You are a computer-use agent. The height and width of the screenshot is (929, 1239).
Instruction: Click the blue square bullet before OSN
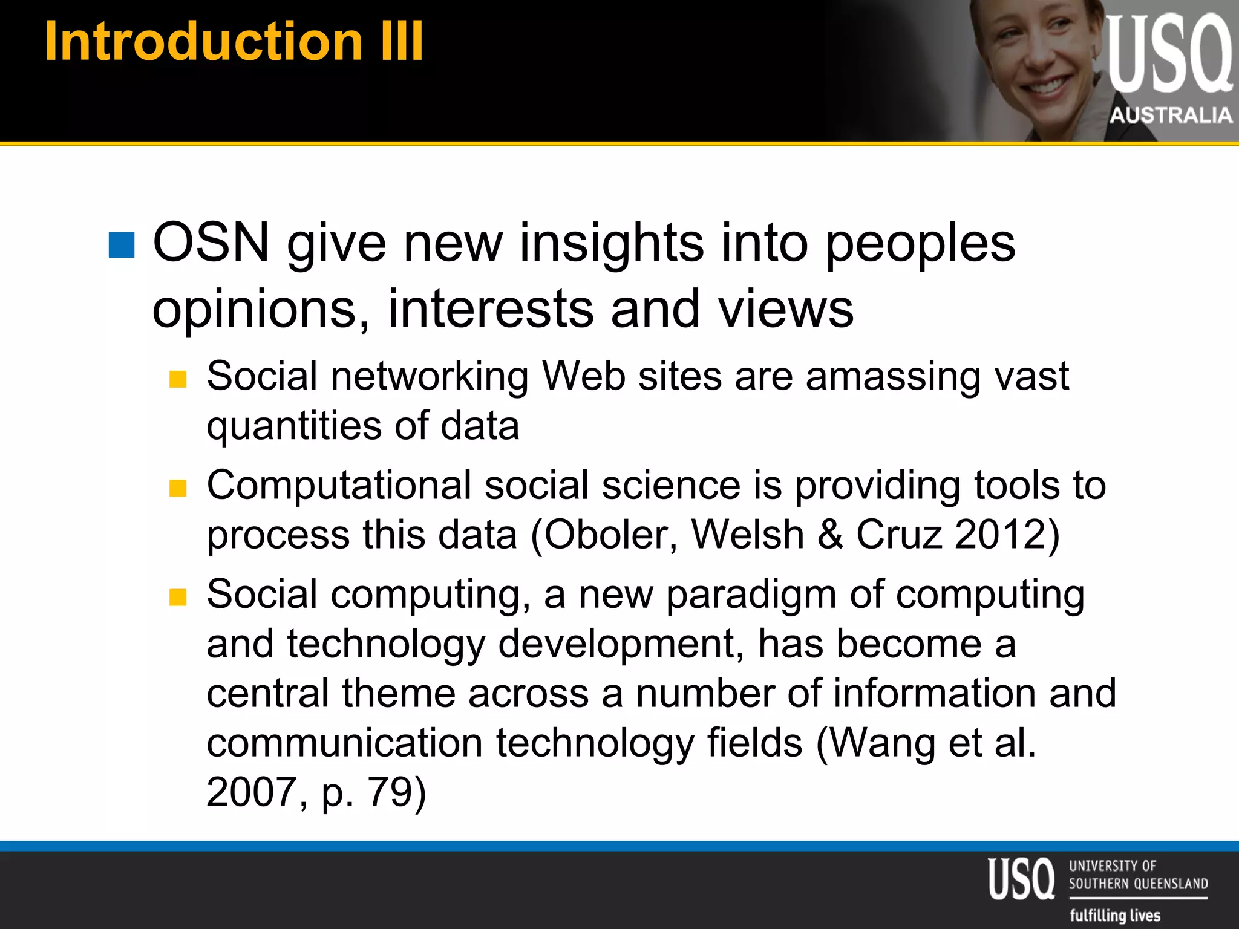pyautogui.click(x=122, y=245)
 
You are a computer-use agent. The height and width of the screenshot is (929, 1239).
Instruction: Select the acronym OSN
pyautogui.click(x=211, y=243)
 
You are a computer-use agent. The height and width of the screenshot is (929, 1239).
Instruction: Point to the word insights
pyautogui.click(x=611, y=243)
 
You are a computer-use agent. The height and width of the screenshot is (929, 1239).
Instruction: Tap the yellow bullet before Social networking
pyautogui.click(x=178, y=379)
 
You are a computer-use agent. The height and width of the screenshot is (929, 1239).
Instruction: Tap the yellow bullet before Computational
pyautogui.click(x=178, y=488)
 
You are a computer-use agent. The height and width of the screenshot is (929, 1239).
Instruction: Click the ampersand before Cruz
pyautogui.click(x=830, y=535)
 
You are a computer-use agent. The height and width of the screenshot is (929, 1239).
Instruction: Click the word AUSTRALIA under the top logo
pyautogui.click(x=1171, y=115)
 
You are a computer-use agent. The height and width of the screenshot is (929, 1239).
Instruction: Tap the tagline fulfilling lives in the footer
pyautogui.click(x=1115, y=915)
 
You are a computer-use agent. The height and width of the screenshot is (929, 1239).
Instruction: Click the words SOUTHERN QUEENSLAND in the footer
pyautogui.click(x=1138, y=884)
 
